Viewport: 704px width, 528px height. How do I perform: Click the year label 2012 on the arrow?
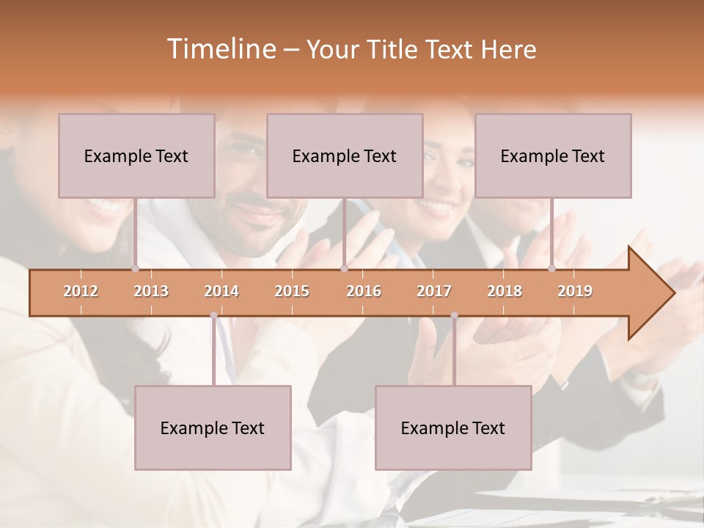[x=81, y=291]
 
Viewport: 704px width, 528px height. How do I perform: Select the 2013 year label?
[x=151, y=291]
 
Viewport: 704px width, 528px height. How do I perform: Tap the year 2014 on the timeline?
[x=221, y=291]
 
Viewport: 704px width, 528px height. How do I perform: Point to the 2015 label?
[x=292, y=291]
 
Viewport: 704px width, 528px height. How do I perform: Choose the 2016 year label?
[x=364, y=291]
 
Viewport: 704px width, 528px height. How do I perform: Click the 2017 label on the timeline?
[x=434, y=291]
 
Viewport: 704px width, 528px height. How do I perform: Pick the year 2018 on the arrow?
[x=505, y=291]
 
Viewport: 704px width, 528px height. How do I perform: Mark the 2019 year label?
[x=575, y=291]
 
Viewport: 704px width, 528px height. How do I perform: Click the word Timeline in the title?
[x=220, y=49]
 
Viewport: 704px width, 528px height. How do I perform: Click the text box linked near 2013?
[x=136, y=155]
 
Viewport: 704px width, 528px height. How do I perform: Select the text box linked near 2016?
[x=345, y=155]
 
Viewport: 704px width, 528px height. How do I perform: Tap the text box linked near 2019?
[x=553, y=155]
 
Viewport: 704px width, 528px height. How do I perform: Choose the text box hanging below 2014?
[x=213, y=428]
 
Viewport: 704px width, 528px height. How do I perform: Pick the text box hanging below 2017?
[x=453, y=428]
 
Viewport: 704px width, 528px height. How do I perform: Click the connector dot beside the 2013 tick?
[x=135, y=269]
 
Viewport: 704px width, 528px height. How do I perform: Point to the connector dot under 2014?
[x=213, y=315]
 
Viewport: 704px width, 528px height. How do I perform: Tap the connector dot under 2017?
[x=454, y=315]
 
